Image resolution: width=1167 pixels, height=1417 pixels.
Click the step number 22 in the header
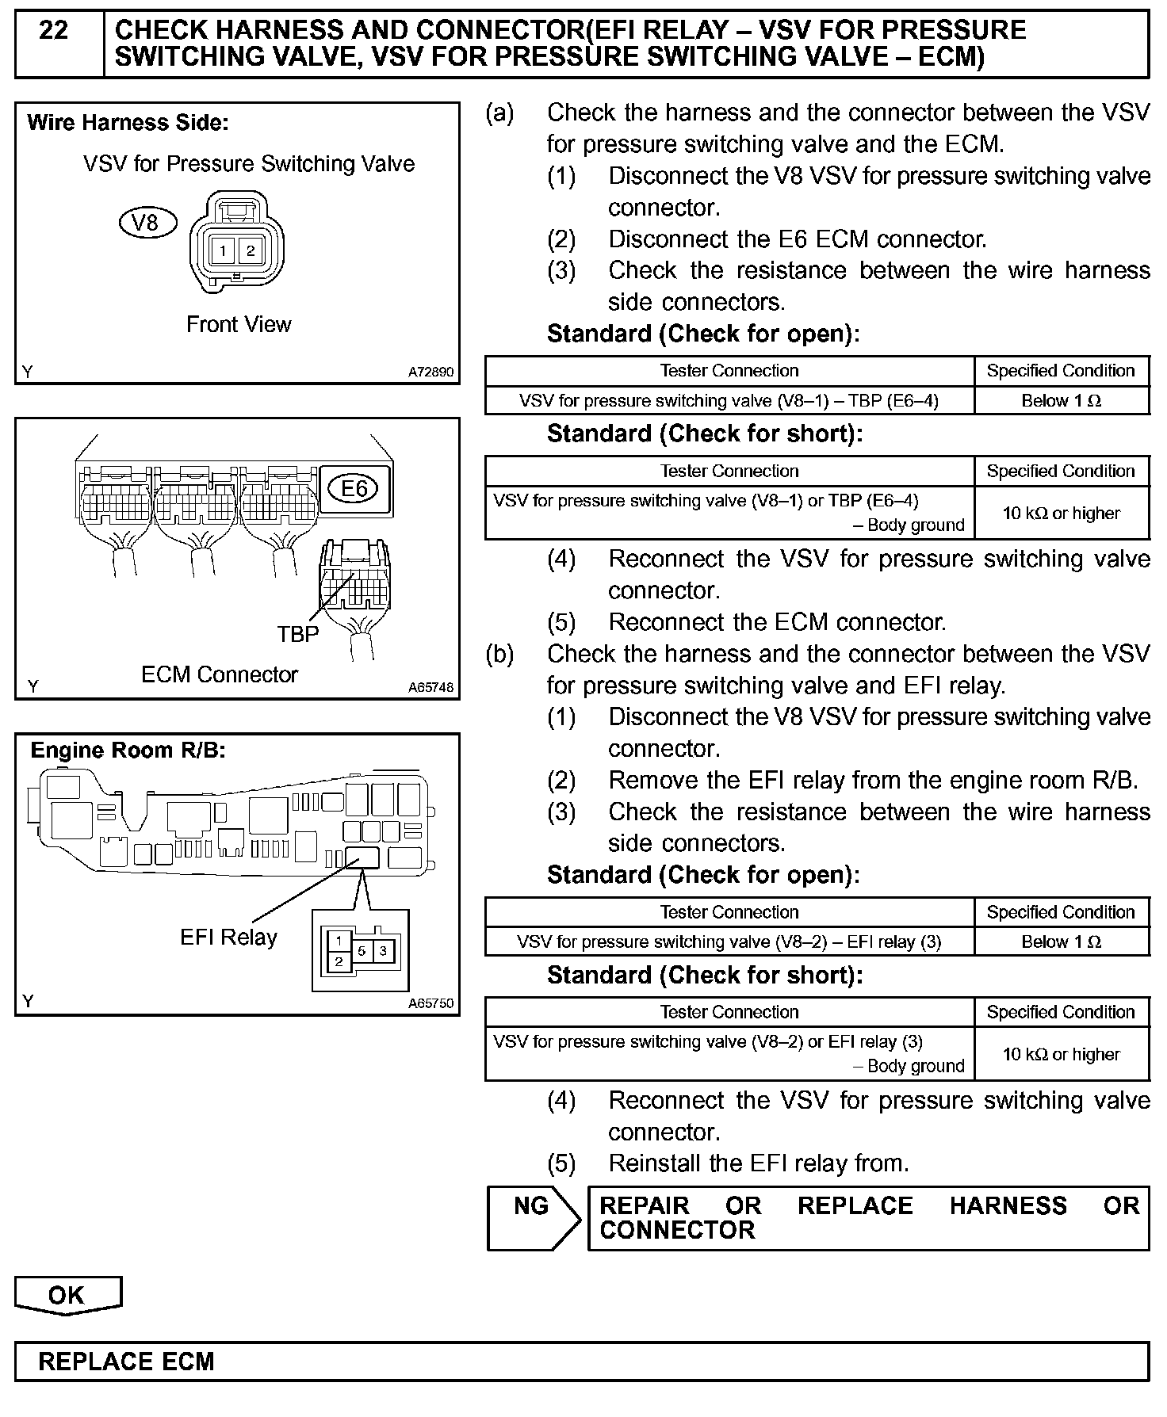[x=54, y=31]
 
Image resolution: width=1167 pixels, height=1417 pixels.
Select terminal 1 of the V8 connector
[x=223, y=251]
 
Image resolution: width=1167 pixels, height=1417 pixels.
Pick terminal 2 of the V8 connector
[x=251, y=251]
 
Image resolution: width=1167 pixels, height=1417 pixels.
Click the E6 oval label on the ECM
[x=354, y=488]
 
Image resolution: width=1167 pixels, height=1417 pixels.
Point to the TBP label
[x=298, y=634]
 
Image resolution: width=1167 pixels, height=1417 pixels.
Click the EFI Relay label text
[x=228, y=938]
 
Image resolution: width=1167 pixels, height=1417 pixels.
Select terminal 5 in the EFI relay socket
[x=362, y=950]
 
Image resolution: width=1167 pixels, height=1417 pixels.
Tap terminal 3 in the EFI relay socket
[x=384, y=950]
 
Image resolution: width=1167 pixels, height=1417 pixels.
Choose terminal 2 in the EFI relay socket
[x=339, y=962]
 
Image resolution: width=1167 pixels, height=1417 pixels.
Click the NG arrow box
[x=534, y=1218]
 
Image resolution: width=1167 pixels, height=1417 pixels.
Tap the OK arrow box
[x=67, y=1295]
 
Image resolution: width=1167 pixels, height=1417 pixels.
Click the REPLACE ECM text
[x=127, y=1362]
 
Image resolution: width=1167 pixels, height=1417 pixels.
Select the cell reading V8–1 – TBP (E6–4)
[x=729, y=401]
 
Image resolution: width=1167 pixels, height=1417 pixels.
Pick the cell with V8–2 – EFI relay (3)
[x=729, y=942]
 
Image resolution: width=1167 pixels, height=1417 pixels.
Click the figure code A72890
[x=431, y=372]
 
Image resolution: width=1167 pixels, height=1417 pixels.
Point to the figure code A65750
[x=431, y=1003]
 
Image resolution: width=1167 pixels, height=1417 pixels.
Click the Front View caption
[x=239, y=325]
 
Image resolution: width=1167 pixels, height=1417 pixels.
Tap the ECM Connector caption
[x=220, y=675]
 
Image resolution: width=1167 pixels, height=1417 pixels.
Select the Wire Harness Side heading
[x=128, y=123]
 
